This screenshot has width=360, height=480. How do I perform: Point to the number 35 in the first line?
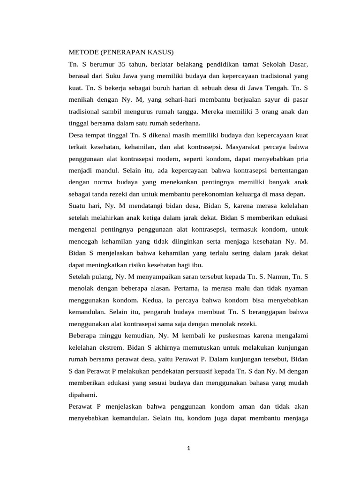pyautogui.click(x=124, y=63)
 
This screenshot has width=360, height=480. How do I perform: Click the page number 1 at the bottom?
pyautogui.click(x=188, y=448)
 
